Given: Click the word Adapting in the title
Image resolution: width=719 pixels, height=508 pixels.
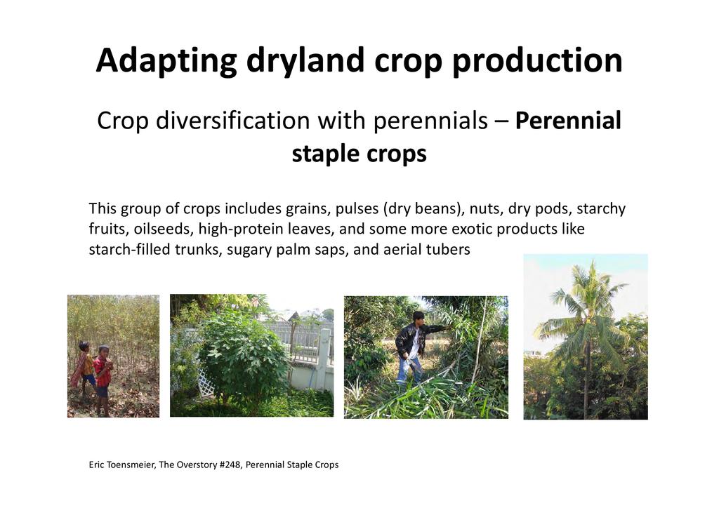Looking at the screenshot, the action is tap(166, 61).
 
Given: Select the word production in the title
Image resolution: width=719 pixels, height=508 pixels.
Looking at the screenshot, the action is tap(537, 61).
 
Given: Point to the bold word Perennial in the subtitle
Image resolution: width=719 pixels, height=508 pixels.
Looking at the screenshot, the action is tap(568, 121).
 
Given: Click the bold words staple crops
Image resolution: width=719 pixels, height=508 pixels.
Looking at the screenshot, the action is tap(359, 154).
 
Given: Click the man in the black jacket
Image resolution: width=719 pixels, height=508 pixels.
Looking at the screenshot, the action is tap(415, 347).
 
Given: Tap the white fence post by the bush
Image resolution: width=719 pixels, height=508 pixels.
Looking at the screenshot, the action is tap(325, 353).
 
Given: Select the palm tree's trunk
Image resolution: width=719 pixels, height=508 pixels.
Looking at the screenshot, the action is tap(587, 380).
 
